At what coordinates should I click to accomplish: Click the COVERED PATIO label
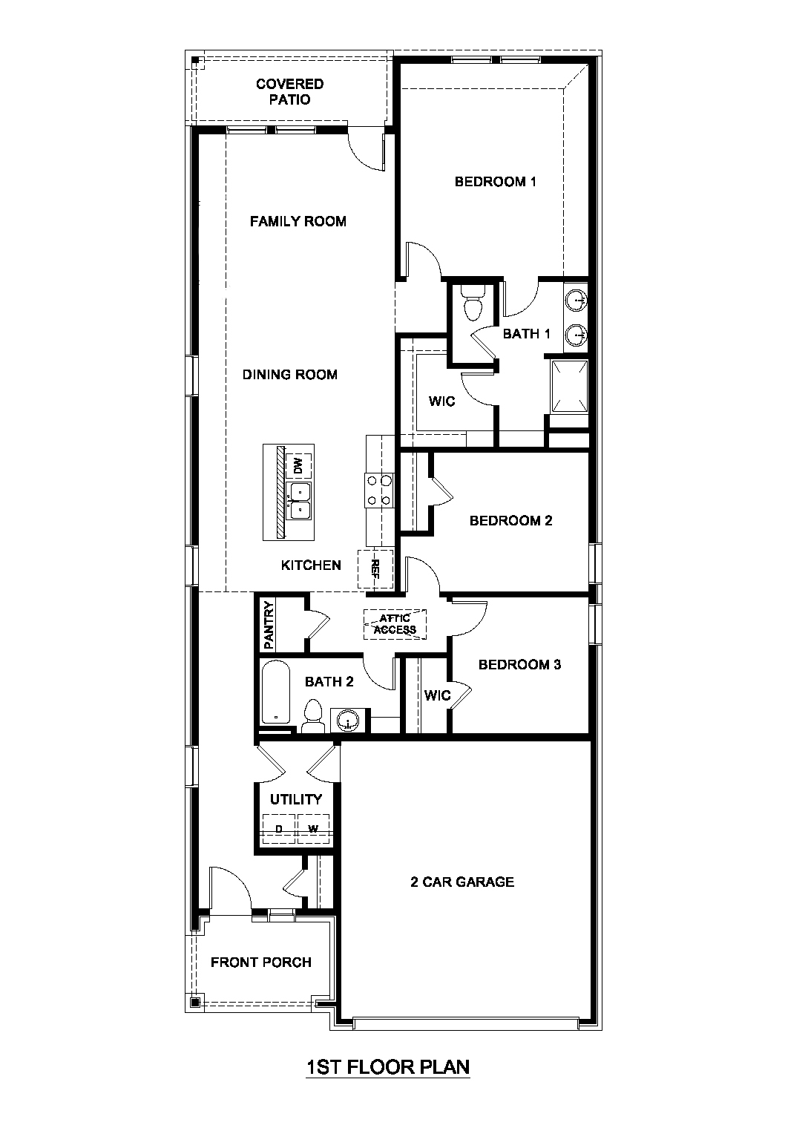(289, 92)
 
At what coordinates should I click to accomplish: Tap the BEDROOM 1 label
(495, 182)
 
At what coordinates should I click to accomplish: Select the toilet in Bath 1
(472, 301)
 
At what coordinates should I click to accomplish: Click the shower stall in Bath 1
(569, 385)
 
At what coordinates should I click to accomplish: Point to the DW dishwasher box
(298, 466)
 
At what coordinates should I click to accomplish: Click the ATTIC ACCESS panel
(395, 624)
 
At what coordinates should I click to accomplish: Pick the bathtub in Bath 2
(277, 692)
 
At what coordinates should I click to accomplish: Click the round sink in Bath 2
(348, 720)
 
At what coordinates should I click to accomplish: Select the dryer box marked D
(279, 828)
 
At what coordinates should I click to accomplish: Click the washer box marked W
(314, 828)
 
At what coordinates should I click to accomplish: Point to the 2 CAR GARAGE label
(462, 882)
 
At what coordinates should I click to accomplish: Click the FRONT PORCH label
(261, 963)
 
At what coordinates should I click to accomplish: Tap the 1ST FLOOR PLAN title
(388, 1067)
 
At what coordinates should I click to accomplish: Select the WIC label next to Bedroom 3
(438, 695)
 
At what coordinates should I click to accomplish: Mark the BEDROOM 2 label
(510, 521)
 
